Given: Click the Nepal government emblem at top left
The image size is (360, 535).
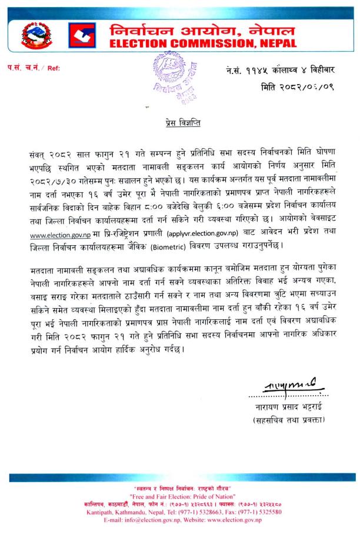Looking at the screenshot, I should (35, 36).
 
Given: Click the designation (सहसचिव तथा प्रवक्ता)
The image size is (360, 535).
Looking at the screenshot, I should (288, 420).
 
